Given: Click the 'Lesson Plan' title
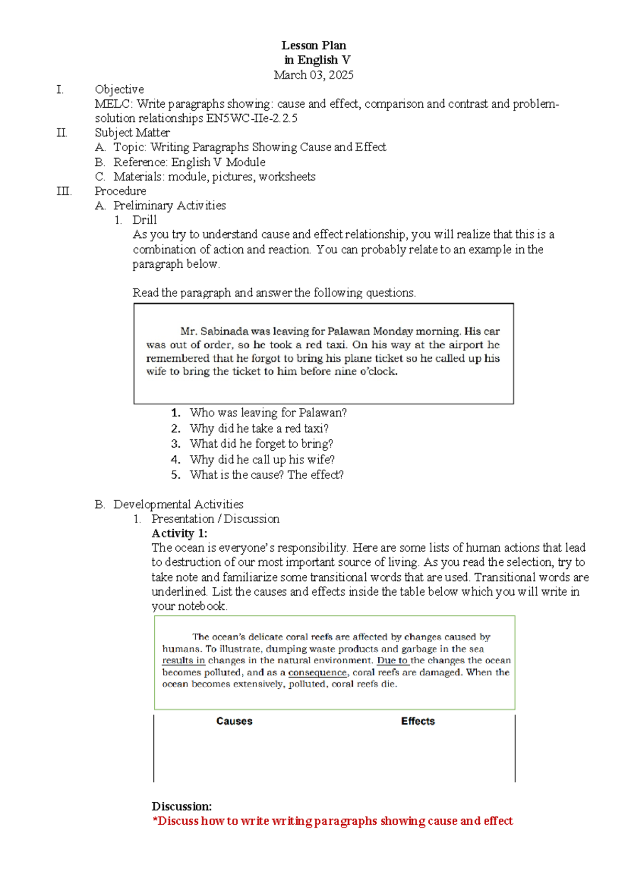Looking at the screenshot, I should click(x=313, y=46).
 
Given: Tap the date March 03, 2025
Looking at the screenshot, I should click(x=313, y=75).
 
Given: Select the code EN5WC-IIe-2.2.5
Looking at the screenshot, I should click(x=252, y=119).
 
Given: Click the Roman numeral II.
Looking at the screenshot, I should click(x=62, y=133).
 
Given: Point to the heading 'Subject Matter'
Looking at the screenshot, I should click(x=132, y=133).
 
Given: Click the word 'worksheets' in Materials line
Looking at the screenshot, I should click(x=287, y=177).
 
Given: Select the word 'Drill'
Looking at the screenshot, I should click(x=144, y=220).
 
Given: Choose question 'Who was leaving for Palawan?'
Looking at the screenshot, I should click(x=268, y=413).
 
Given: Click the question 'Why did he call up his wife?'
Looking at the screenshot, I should click(x=262, y=460).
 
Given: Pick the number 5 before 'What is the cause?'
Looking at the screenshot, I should click(x=176, y=475).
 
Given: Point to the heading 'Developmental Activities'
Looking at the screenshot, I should click(x=178, y=505).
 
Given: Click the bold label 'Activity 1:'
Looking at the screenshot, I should click(x=180, y=533).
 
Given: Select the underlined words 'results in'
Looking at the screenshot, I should click(x=184, y=661).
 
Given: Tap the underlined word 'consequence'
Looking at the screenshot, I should click(x=317, y=673).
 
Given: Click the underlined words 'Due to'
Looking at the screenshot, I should click(x=392, y=661).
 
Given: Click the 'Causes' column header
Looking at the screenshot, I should click(x=234, y=721).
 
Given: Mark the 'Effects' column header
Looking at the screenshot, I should click(x=418, y=721).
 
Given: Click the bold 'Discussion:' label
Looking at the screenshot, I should click(x=182, y=806).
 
